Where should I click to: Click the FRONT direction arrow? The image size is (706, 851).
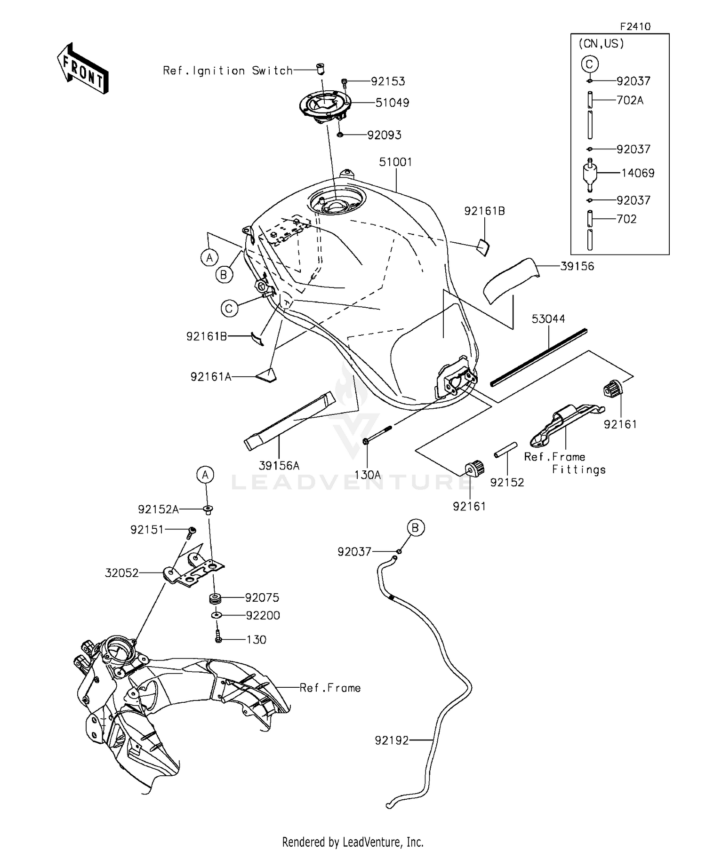[x=83, y=69]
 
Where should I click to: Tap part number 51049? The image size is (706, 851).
[x=392, y=103]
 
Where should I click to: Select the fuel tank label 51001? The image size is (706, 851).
[x=395, y=162]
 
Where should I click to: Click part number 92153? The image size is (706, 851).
[x=388, y=81]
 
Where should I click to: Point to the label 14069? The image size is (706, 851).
[x=638, y=173]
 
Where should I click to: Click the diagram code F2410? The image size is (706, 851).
[x=635, y=27]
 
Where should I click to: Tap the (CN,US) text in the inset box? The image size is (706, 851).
[x=601, y=44]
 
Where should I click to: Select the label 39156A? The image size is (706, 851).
[x=279, y=466]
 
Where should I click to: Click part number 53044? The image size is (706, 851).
[x=548, y=319]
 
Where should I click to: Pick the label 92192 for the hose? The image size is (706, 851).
[x=392, y=740]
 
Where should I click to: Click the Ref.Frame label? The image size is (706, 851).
[x=330, y=688]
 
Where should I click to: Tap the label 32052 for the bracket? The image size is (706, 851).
[x=122, y=573]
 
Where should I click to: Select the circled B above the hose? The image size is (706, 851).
[x=415, y=528]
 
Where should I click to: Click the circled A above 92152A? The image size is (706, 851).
[x=205, y=475]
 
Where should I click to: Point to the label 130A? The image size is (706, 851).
[x=367, y=475]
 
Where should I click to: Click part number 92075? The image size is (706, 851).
[x=262, y=598]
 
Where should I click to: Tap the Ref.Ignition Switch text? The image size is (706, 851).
[x=228, y=71]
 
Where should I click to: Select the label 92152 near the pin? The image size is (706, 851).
[x=507, y=482]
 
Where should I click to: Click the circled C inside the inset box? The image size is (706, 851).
[x=589, y=64]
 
